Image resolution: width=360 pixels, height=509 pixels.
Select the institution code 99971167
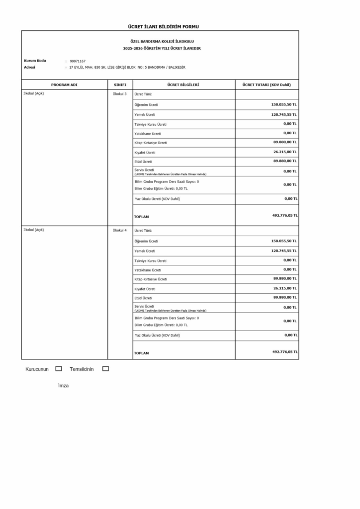[x=78, y=61]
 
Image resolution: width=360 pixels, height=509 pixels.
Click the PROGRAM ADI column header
[x=64, y=85]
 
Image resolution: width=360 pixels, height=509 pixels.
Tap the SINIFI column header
[x=120, y=85]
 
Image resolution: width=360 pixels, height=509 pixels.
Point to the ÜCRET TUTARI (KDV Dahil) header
[x=267, y=85]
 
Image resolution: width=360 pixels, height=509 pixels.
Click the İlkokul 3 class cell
[x=120, y=94]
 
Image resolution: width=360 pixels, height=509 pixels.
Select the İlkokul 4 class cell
[x=120, y=230]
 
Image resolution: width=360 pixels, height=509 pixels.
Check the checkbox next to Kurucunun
[x=59, y=369]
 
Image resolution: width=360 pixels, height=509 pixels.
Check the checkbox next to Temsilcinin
[x=105, y=369]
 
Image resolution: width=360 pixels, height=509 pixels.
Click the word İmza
[x=63, y=386]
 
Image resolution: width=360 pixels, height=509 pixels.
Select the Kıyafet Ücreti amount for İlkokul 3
[x=285, y=152]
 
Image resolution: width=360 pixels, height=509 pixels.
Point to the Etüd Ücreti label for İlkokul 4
[x=144, y=298]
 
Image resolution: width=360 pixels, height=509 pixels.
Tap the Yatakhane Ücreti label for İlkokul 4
[x=148, y=270]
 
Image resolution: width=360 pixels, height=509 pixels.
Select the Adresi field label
[x=29, y=67]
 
